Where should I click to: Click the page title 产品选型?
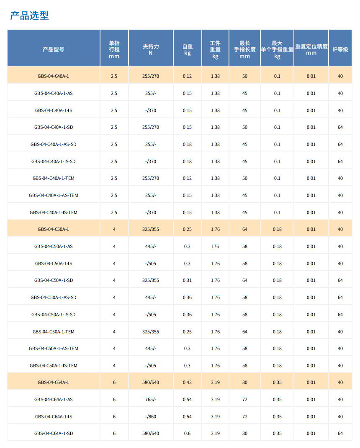coord(30,16)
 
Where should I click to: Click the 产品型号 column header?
coord(54,49)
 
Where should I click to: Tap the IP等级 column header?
coord(340,49)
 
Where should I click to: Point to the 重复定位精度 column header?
coord(311,49)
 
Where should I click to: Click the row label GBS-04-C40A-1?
coord(54,76)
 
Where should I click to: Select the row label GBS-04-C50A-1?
coord(54,229)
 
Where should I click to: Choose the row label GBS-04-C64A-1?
coord(54,382)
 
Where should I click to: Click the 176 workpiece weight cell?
coord(215,246)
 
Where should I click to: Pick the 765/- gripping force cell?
coord(151,399)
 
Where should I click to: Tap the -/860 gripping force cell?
coord(151,417)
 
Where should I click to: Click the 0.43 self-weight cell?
coord(187,382)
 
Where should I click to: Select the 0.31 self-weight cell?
coord(187,280)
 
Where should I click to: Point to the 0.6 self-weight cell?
coord(187,433)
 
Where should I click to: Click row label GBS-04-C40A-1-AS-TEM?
coord(54,195)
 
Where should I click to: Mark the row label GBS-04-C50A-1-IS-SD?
coord(54,315)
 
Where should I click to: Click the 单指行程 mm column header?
coord(114,49)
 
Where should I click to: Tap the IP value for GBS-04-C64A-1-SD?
coord(340,433)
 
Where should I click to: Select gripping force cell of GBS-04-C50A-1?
coord(151,229)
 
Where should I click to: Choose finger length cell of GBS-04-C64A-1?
coord(244,382)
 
